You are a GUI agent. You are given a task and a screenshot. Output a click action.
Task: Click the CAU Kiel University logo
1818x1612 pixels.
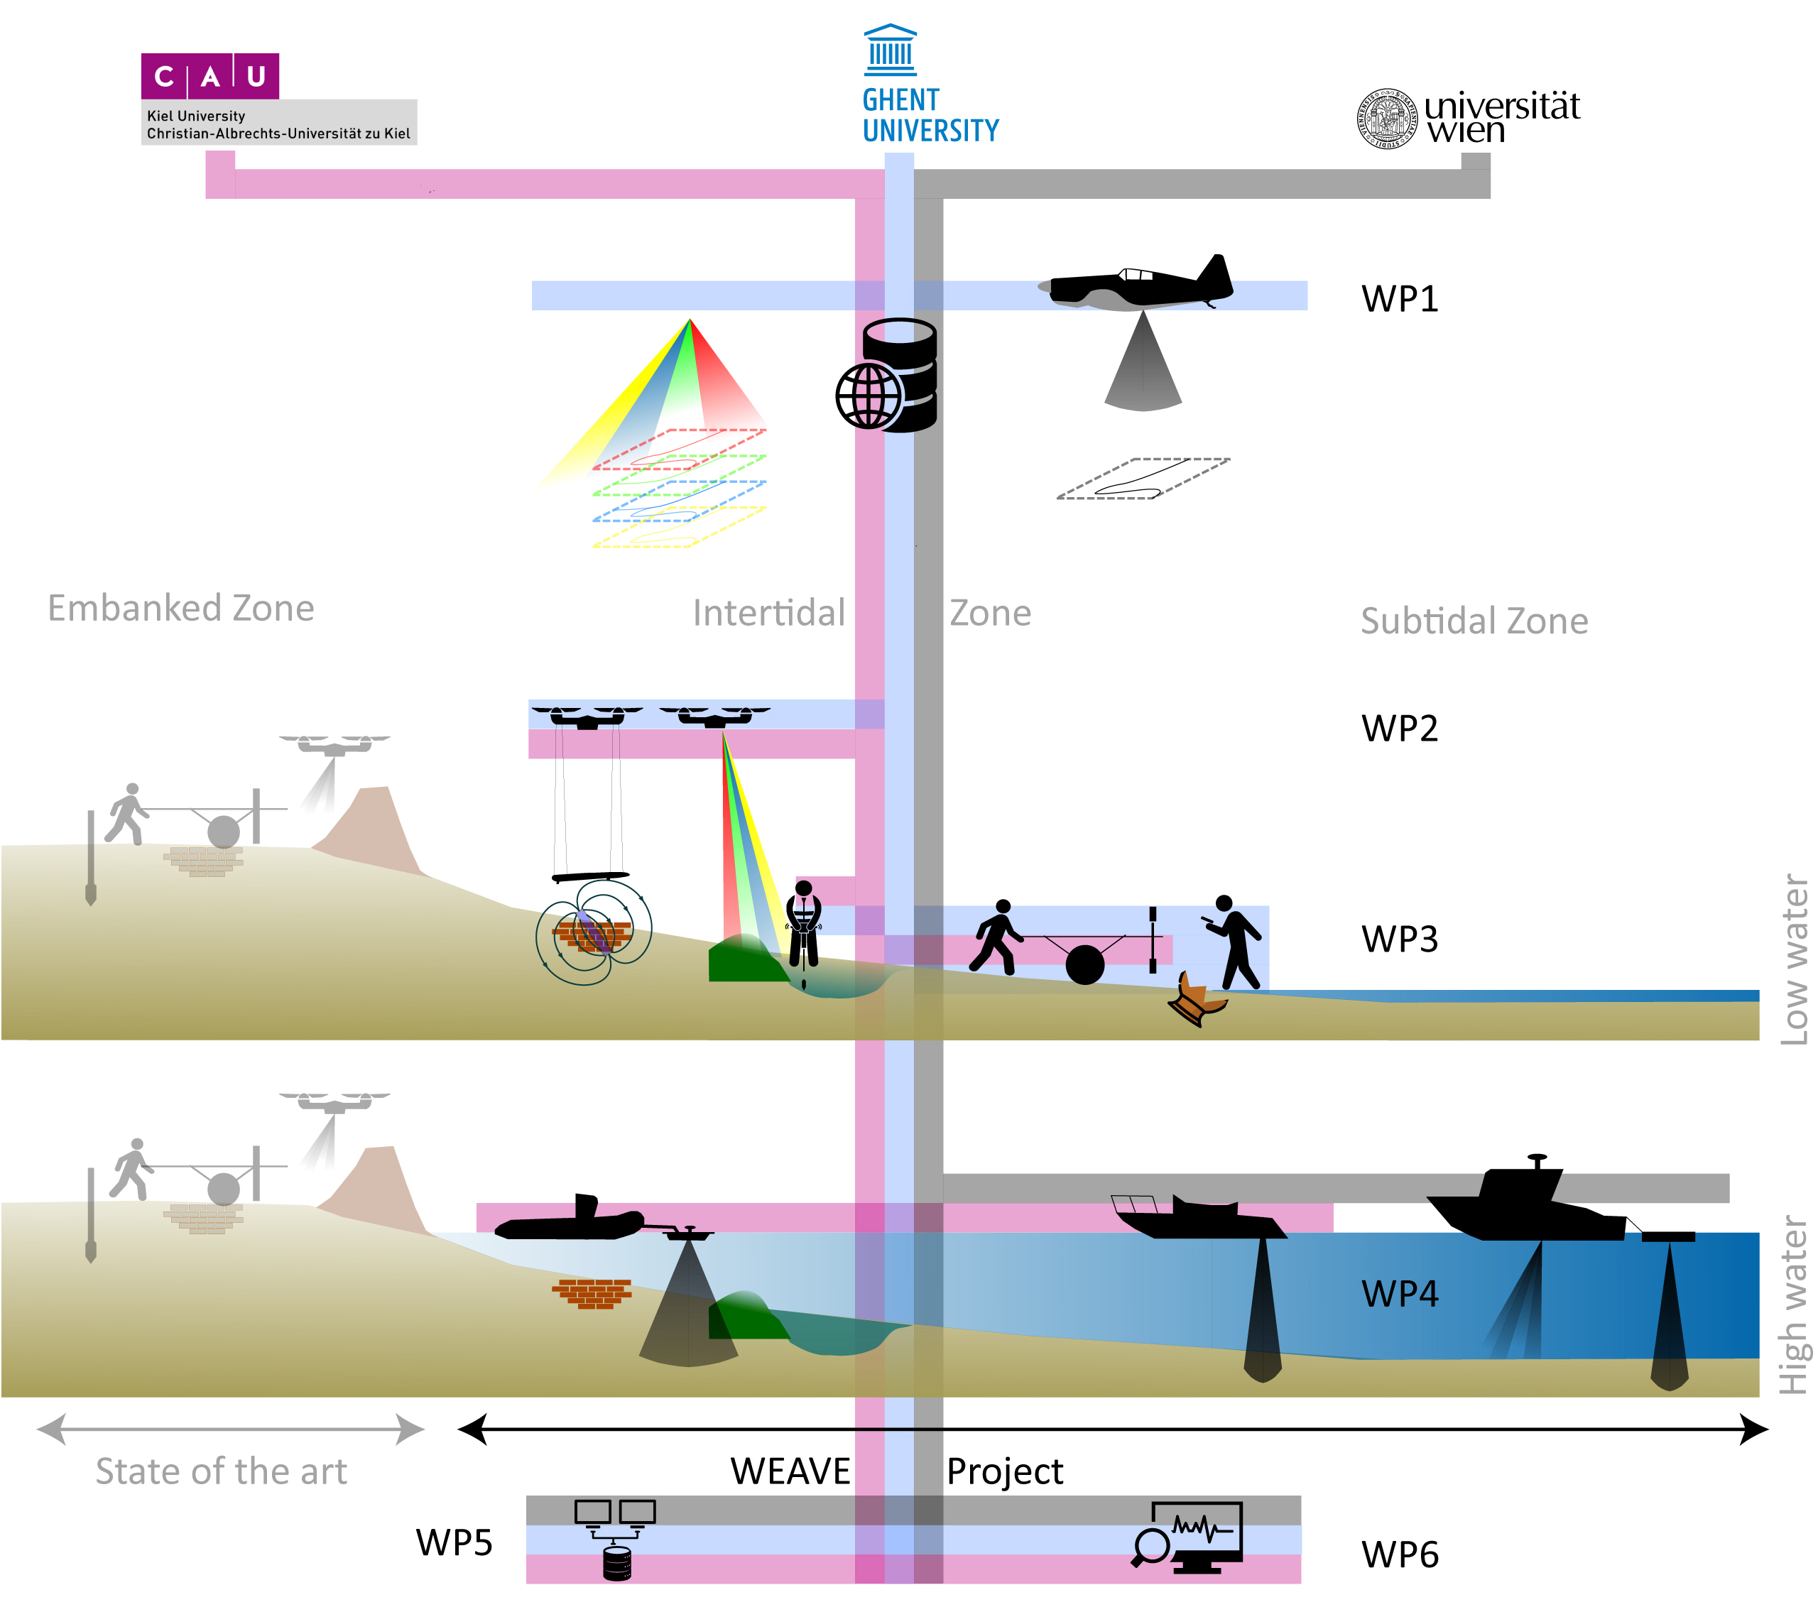coord(210,77)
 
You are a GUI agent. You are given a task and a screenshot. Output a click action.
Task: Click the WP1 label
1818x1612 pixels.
coord(1399,299)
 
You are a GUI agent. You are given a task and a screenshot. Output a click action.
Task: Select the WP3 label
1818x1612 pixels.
coord(1399,940)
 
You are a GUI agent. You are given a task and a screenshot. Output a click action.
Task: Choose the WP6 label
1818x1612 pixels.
coord(1399,1555)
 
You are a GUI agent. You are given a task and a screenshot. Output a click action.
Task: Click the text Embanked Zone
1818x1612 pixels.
coord(180,609)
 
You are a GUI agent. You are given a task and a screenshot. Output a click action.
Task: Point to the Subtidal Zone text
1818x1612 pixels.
coord(1474,621)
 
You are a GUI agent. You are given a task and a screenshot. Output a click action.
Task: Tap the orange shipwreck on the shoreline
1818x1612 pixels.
coord(1197,1000)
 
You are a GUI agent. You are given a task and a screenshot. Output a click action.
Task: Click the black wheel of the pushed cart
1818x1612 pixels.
coord(1084,964)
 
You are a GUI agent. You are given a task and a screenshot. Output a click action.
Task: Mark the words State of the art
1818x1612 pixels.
coord(221,1471)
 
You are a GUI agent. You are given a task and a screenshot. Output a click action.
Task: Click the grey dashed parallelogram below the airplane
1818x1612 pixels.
coord(1143,479)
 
